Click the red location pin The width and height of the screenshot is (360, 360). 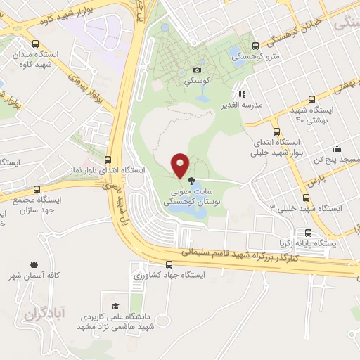tap(180, 164)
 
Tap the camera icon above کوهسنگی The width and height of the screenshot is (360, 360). tap(197, 70)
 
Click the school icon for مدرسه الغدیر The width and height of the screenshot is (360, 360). tap(241, 94)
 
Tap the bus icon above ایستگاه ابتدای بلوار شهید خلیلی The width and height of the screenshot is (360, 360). tap(276, 131)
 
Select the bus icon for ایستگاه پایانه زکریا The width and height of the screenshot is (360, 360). tap(308, 232)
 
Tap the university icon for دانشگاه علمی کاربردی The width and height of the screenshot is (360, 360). tap(105, 297)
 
